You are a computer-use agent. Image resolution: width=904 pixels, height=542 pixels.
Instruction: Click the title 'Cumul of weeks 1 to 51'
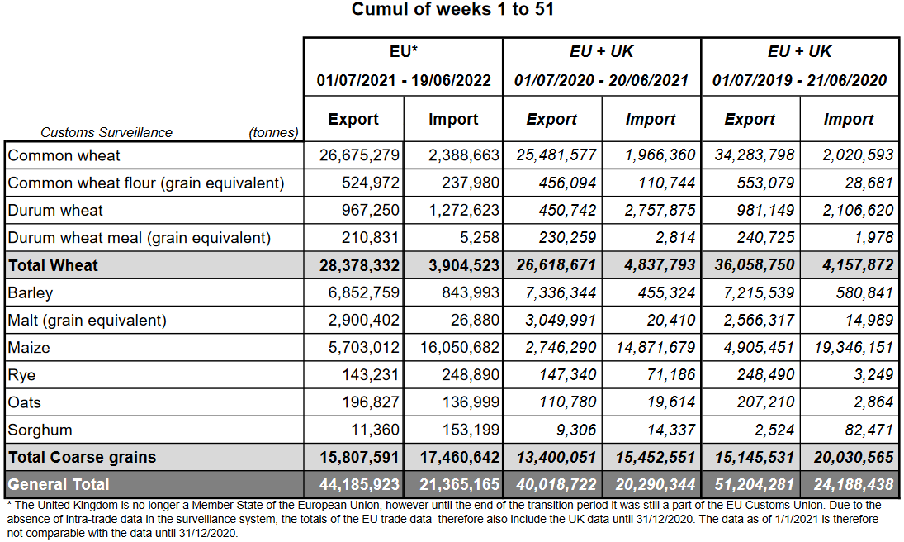tap(452, 10)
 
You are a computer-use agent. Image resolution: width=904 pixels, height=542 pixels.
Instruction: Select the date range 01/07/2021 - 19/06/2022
tap(404, 81)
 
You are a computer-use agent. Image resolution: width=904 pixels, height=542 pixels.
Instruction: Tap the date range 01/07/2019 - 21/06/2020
tap(799, 81)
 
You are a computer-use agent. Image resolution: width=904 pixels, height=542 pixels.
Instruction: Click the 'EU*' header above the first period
tap(404, 51)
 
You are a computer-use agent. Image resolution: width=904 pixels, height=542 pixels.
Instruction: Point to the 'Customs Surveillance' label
tap(106, 132)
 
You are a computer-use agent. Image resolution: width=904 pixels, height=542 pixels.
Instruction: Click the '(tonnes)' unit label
tap(273, 132)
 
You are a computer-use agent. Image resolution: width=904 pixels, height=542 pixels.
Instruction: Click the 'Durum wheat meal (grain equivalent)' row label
tap(140, 238)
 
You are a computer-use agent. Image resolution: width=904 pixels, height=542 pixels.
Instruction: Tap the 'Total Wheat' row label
tap(54, 265)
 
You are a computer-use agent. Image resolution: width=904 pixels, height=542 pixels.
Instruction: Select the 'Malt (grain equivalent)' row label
tap(88, 320)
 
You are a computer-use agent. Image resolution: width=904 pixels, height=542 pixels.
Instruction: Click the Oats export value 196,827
tap(371, 402)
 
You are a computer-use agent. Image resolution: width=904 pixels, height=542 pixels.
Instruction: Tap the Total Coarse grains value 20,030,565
tap(846, 457)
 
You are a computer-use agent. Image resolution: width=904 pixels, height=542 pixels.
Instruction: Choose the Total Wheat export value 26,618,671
tap(555, 265)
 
